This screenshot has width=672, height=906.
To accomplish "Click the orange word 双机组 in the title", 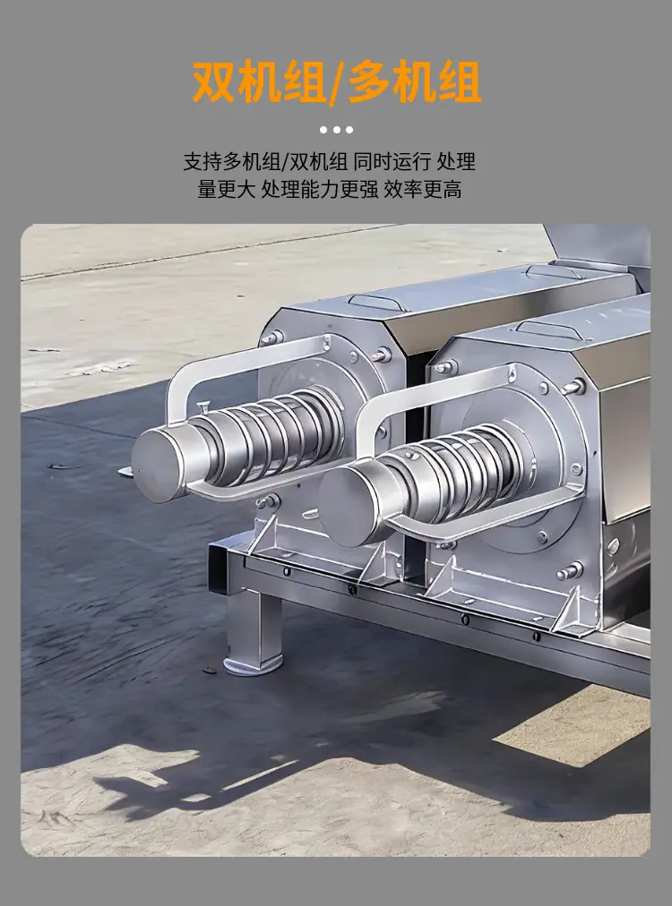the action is [259, 82].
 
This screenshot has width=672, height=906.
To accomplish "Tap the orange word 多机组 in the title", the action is [415, 82].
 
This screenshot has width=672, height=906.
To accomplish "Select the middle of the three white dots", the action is [336, 130].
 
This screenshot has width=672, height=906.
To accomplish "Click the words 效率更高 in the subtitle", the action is [423, 189].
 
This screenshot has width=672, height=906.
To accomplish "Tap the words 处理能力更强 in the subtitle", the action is [319, 189].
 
